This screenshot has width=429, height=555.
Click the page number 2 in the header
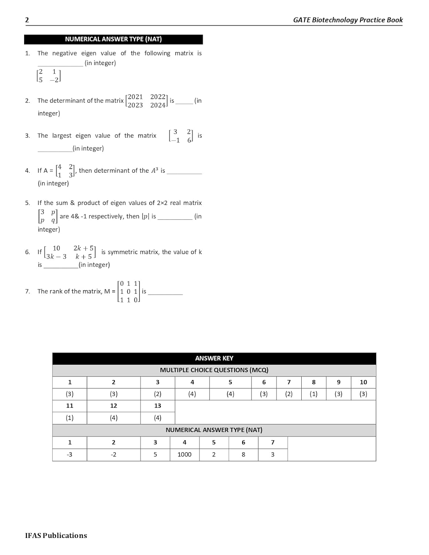27,20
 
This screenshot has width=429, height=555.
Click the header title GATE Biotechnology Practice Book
348,20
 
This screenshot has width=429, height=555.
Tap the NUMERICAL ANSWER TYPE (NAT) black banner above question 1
113,39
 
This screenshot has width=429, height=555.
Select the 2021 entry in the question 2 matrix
135,97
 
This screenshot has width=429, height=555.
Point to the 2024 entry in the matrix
158,105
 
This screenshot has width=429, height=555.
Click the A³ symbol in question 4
154,171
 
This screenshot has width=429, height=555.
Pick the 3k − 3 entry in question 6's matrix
56,256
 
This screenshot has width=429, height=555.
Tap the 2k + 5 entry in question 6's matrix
83,248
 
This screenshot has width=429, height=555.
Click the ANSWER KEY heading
214,358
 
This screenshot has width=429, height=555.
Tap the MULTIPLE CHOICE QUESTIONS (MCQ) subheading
214,370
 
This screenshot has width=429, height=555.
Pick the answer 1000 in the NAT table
184,454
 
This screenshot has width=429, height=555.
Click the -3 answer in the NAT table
70,454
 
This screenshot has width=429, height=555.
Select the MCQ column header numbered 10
363,382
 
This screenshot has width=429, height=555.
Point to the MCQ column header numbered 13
158,406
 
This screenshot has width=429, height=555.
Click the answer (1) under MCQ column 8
314,394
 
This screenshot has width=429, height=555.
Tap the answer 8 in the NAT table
243,454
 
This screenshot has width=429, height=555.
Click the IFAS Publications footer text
56,535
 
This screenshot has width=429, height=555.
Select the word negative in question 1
64,53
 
